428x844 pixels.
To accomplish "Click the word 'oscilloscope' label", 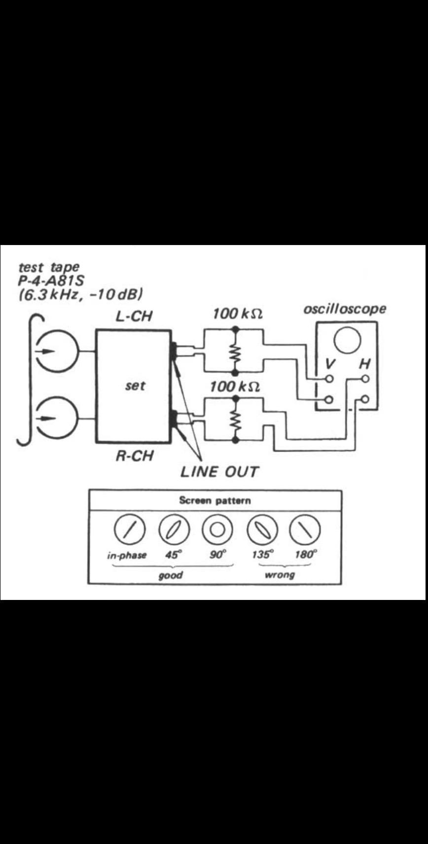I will [345, 309].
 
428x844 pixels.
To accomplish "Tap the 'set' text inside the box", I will [135, 386].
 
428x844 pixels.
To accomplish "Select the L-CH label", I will [134, 316].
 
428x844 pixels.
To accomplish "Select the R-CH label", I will [134, 456].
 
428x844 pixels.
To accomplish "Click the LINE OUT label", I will [219, 471].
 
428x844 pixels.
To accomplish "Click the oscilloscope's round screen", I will [347, 340].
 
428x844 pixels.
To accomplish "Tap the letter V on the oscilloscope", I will [330, 364].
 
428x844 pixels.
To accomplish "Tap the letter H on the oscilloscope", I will [364, 364].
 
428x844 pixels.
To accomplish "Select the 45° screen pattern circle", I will [174, 530].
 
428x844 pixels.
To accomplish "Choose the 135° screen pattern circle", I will [262, 530].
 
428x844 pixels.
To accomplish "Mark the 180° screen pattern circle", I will [305, 530].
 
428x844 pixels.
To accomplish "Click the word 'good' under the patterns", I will [171, 575].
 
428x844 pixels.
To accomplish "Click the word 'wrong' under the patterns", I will [280, 575].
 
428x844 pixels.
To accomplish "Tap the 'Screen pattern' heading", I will [214, 500].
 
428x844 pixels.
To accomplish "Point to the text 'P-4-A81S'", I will [51, 281].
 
